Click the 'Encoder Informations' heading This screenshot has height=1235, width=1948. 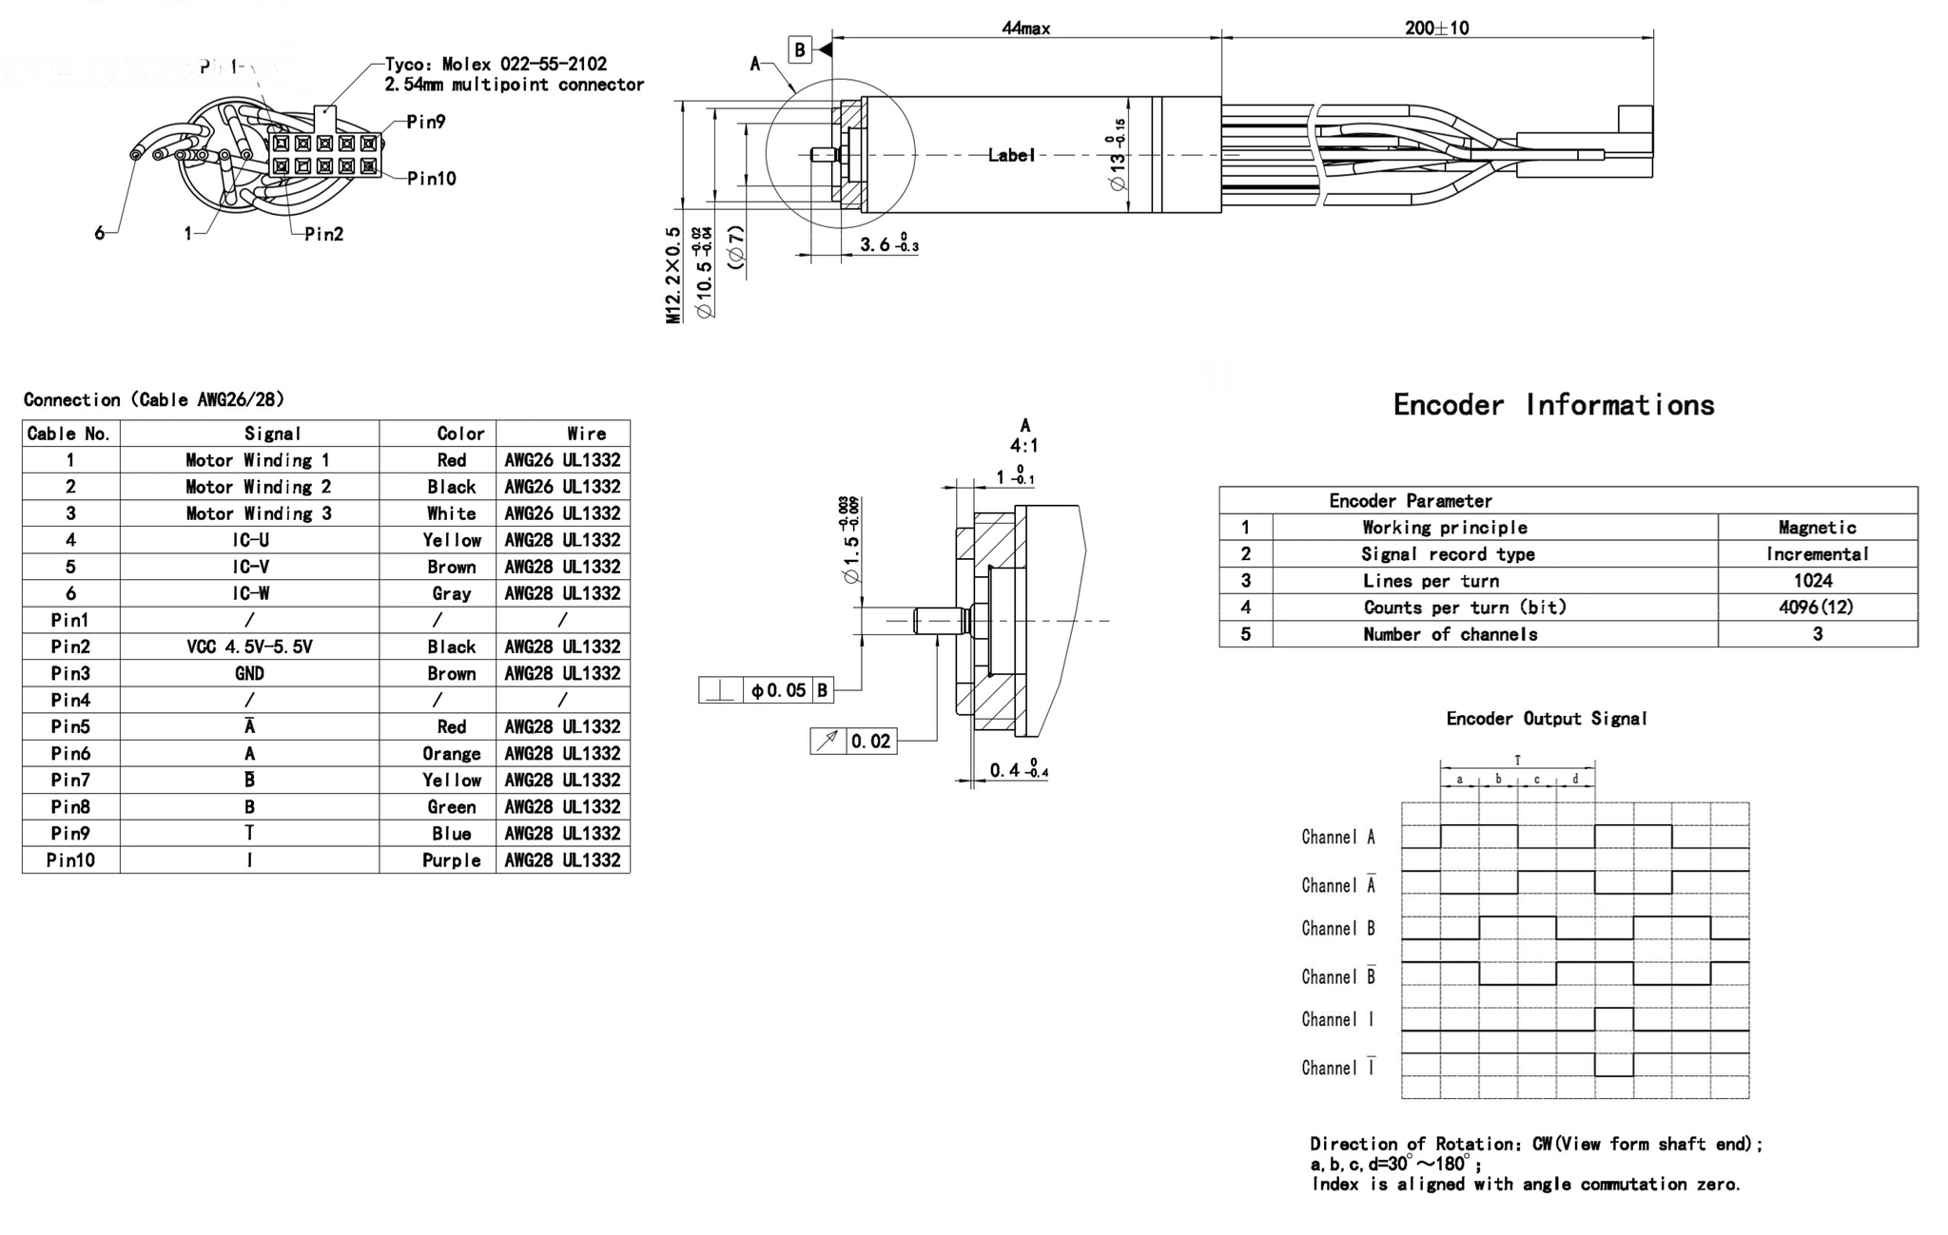pyautogui.click(x=1553, y=405)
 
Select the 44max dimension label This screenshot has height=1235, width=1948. pyautogui.click(x=1025, y=29)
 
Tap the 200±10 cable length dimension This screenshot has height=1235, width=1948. pyautogui.click(x=1436, y=29)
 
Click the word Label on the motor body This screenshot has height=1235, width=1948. pyautogui.click(x=1010, y=155)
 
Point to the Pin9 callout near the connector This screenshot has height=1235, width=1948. pyautogui.click(x=425, y=122)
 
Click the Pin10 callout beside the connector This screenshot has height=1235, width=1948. pyautogui.click(x=431, y=179)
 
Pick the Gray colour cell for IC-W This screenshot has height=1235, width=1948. pyautogui.click(x=451, y=593)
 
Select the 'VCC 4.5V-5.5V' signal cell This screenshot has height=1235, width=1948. pyautogui.click(x=249, y=646)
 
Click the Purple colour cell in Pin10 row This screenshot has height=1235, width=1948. pyautogui.click(x=451, y=860)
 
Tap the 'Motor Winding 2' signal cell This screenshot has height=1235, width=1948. pyautogui.click(x=258, y=487)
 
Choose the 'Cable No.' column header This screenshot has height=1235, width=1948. pyautogui.click(x=69, y=434)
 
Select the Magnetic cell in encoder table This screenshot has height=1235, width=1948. pyautogui.click(x=1817, y=528)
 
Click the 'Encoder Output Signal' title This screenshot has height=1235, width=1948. pyautogui.click(x=1546, y=719)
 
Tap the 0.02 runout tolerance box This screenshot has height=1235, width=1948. pyautogui.click(x=870, y=742)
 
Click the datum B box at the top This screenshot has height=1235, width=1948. pyautogui.click(x=800, y=50)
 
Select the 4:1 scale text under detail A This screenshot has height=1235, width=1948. pyautogui.click(x=1023, y=446)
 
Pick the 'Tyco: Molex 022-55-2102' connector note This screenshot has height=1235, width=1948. pyautogui.click(x=496, y=65)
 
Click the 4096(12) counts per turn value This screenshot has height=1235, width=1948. pyautogui.click(x=1816, y=608)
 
